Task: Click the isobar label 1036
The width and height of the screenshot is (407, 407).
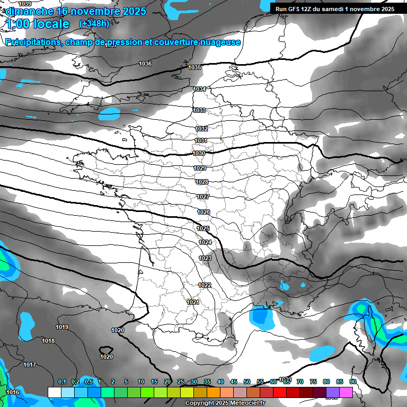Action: [x=145, y=64]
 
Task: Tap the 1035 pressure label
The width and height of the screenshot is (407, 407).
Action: [x=194, y=68]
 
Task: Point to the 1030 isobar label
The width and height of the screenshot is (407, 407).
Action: [x=199, y=154]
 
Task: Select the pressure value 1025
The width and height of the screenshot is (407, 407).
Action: [x=203, y=229]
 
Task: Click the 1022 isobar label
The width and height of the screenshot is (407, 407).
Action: [x=205, y=285]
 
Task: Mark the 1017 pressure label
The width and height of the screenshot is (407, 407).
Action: [x=30, y=365]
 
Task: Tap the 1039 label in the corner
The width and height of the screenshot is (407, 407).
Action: [x=25, y=4]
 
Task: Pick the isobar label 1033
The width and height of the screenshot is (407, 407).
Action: [x=199, y=111]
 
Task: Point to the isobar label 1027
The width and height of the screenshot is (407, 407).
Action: [x=203, y=197]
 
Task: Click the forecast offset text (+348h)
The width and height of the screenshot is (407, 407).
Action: [x=94, y=23]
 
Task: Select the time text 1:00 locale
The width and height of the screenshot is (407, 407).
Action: [x=37, y=24]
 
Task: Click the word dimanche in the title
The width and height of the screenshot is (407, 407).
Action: [x=29, y=11]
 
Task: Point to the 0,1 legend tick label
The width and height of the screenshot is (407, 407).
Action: [x=61, y=382]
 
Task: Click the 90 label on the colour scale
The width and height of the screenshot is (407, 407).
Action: [x=352, y=382]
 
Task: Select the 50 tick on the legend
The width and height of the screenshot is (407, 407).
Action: [x=247, y=382]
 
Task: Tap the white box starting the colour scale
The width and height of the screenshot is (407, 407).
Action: [x=54, y=392]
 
